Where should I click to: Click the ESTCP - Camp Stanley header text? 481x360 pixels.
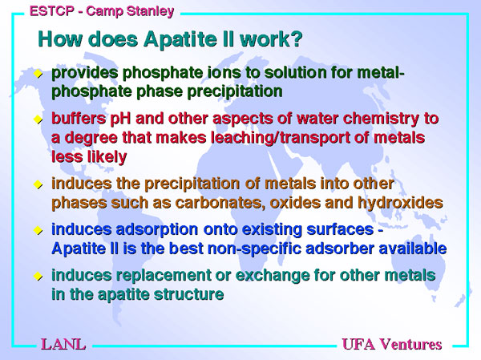coord(102,11)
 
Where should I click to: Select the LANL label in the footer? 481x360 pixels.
coord(63,344)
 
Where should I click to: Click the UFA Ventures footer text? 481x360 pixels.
coord(392,344)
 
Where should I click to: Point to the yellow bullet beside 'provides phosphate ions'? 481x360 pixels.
coord(38,73)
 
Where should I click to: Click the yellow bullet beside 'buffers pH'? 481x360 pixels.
coord(38,119)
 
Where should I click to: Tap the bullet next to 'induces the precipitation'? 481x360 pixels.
coord(38,184)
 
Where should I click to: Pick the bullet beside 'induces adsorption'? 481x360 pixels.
coord(38,230)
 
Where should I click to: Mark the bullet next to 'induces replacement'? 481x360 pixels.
coord(38,276)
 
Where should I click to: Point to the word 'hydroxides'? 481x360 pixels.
coord(400,203)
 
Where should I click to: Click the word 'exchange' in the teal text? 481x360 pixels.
coord(273,276)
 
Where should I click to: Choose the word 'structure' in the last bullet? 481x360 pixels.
coord(189,294)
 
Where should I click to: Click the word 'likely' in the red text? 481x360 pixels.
coord(107,157)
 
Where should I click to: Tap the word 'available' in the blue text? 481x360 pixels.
coord(413,249)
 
